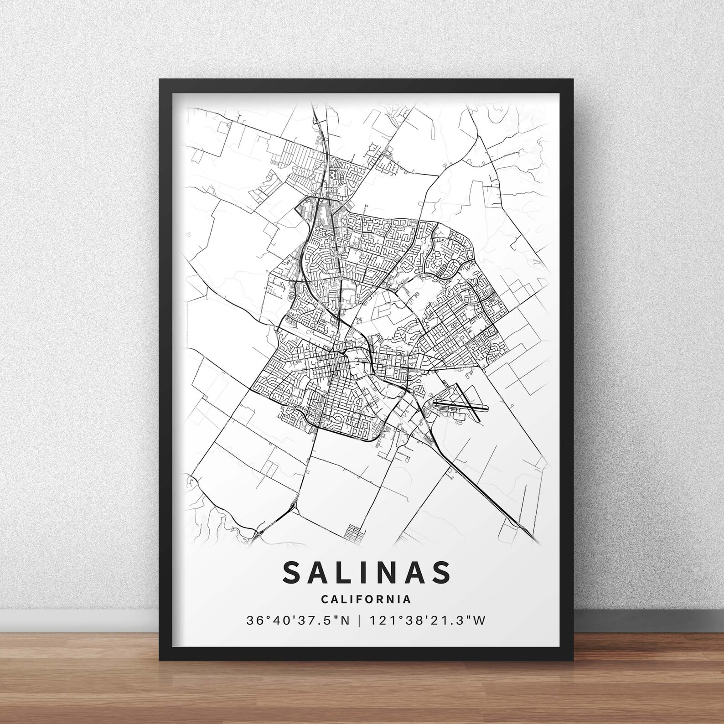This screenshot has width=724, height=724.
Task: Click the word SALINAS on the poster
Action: click(x=367, y=572)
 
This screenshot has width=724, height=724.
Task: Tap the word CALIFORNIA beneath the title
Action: click(x=366, y=600)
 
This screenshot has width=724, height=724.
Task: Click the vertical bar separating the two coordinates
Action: click(x=360, y=621)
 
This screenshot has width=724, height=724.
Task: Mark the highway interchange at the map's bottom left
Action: click(x=259, y=533)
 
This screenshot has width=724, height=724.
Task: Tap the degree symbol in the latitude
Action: click(x=264, y=617)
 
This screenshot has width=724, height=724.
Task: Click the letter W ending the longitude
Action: click(x=479, y=621)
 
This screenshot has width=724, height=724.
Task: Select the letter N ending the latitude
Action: click(x=345, y=621)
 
